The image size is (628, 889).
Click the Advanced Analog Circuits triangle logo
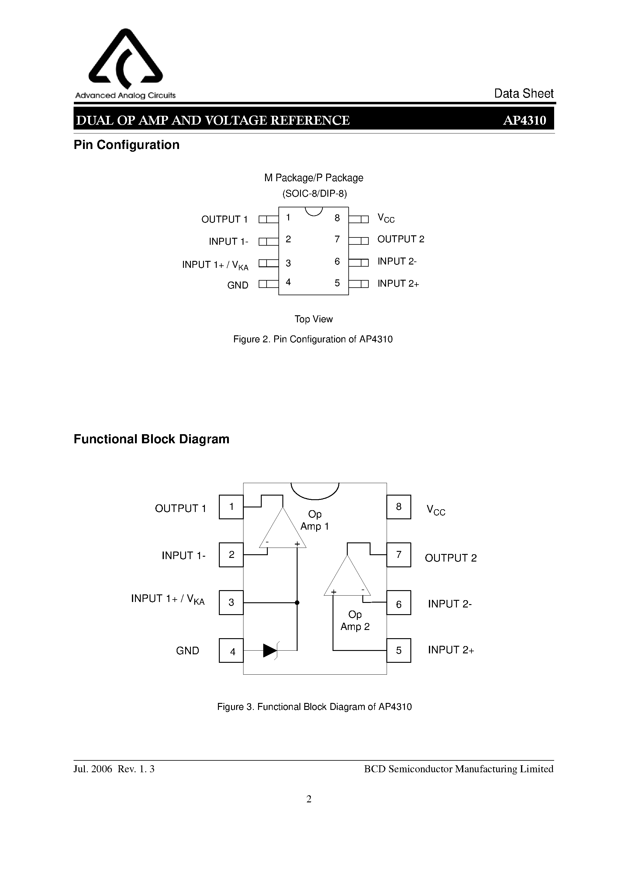(x=126, y=58)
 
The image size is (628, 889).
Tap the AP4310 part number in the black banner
(x=524, y=120)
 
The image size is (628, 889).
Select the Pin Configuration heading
(x=127, y=145)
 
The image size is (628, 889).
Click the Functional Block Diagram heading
(x=151, y=439)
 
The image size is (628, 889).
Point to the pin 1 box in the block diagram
(x=231, y=507)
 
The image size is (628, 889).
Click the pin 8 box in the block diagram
(x=399, y=507)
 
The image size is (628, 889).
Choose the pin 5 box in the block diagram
(x=399, y=651)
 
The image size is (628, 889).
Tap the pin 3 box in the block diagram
(x=231, y=603)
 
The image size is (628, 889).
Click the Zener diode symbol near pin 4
(x=271, y=651)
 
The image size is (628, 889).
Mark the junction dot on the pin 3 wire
(x=297, y=603)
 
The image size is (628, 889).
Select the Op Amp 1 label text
(x=315, y=520)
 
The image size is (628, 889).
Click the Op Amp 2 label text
(x=355, y=620)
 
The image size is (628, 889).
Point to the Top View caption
(x=314, y=319)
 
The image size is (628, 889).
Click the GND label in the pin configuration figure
(x=238, y=285)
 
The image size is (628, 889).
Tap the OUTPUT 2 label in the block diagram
(x=451, y=558)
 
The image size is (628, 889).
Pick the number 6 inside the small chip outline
(x=337, y=262)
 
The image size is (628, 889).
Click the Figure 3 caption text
(x=314, y=707)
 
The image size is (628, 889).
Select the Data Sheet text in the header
(x=524, y=93)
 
